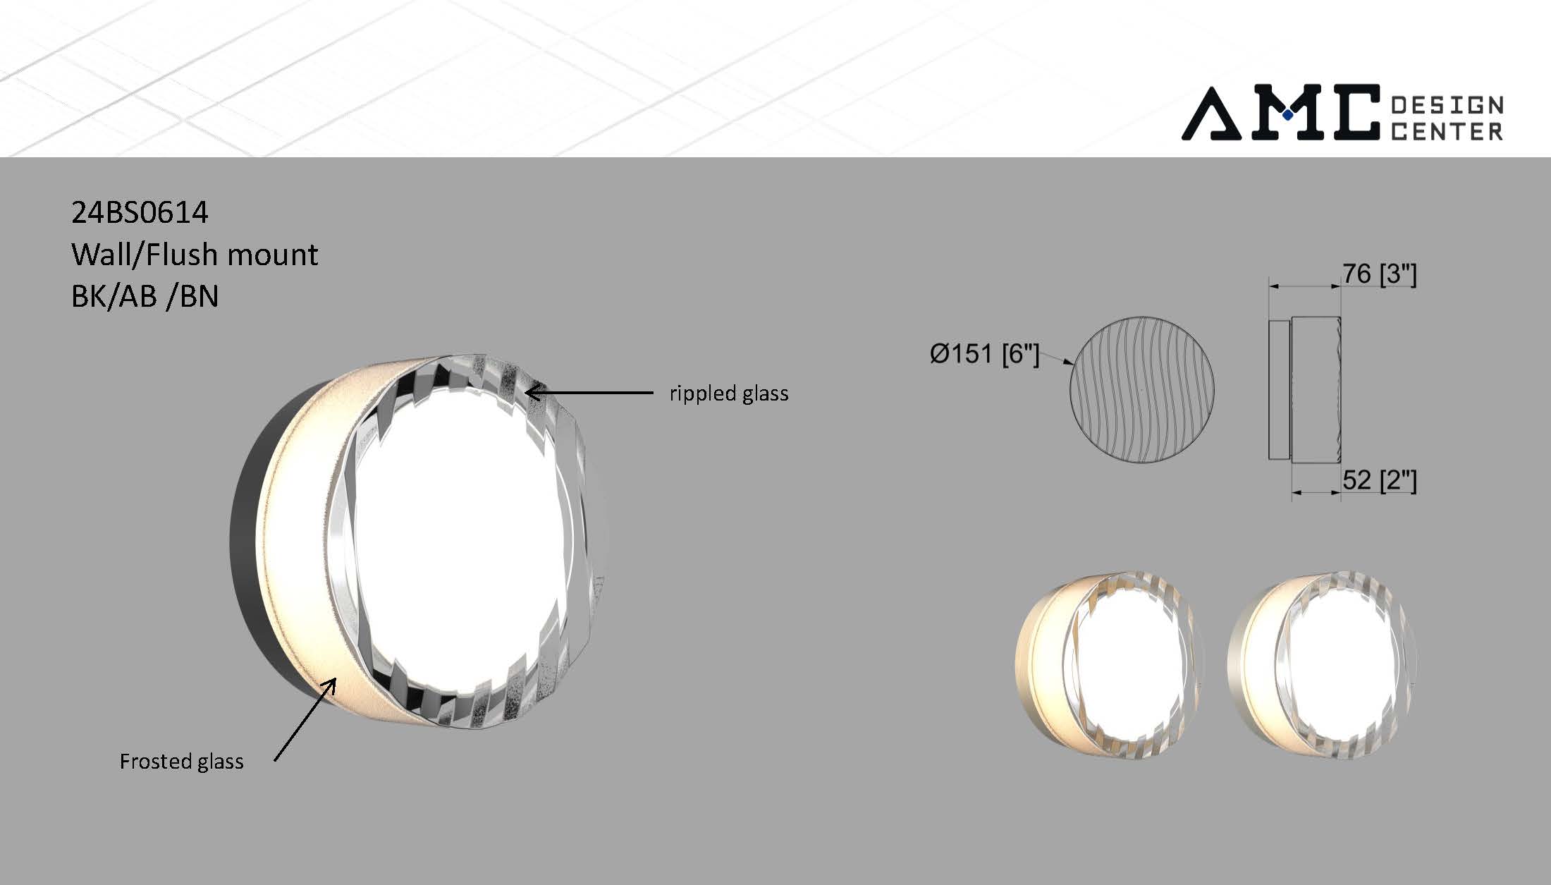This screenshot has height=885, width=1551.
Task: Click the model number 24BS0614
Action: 140,212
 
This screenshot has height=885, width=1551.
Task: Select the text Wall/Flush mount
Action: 195,254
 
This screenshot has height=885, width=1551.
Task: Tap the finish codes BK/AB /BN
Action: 145,296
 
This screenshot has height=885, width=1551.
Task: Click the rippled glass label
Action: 728,393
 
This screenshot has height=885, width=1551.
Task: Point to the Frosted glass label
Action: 181,762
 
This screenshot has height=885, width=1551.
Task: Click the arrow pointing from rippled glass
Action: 592,392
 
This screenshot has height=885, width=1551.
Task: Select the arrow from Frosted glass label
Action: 305,719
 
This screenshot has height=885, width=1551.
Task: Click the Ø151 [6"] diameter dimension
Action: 984,354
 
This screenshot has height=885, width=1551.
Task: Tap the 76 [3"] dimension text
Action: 1379,274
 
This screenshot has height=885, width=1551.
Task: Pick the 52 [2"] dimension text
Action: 1379,481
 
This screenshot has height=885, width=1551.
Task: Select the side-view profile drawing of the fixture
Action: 1304,389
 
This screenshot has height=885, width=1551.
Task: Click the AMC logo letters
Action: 1280,113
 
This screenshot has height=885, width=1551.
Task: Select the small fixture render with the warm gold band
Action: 1109,666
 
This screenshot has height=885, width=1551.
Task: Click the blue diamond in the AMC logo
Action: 1287,114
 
